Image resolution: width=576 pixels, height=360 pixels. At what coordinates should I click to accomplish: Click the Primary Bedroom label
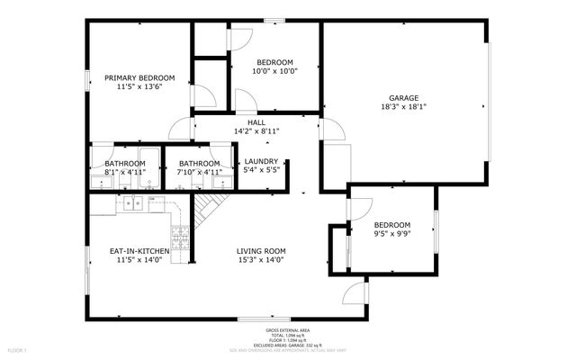point(139,78)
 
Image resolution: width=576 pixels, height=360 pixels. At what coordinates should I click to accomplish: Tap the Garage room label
point(402,97)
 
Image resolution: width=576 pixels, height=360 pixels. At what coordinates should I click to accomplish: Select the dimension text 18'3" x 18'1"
point(402,107)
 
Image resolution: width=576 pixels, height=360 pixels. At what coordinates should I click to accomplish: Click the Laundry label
point(262,161)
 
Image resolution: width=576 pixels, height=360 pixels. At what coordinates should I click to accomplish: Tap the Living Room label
point(261,251)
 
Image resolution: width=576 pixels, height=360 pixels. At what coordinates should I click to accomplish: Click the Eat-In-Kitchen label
point(138,251)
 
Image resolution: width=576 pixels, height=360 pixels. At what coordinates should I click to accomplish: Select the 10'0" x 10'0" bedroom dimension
point(274,70)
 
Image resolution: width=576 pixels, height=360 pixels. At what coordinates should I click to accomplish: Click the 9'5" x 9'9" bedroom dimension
point(392,234)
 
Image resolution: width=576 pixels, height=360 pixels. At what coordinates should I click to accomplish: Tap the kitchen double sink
point(134,203)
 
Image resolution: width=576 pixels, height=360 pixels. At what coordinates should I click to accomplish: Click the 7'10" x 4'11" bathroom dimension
point(200,172)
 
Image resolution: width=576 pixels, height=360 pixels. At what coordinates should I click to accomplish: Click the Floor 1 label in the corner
point(18,349)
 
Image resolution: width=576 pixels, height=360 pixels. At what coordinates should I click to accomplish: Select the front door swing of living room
point(355,293)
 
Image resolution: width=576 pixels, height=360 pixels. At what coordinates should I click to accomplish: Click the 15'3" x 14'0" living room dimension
point(261,261)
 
